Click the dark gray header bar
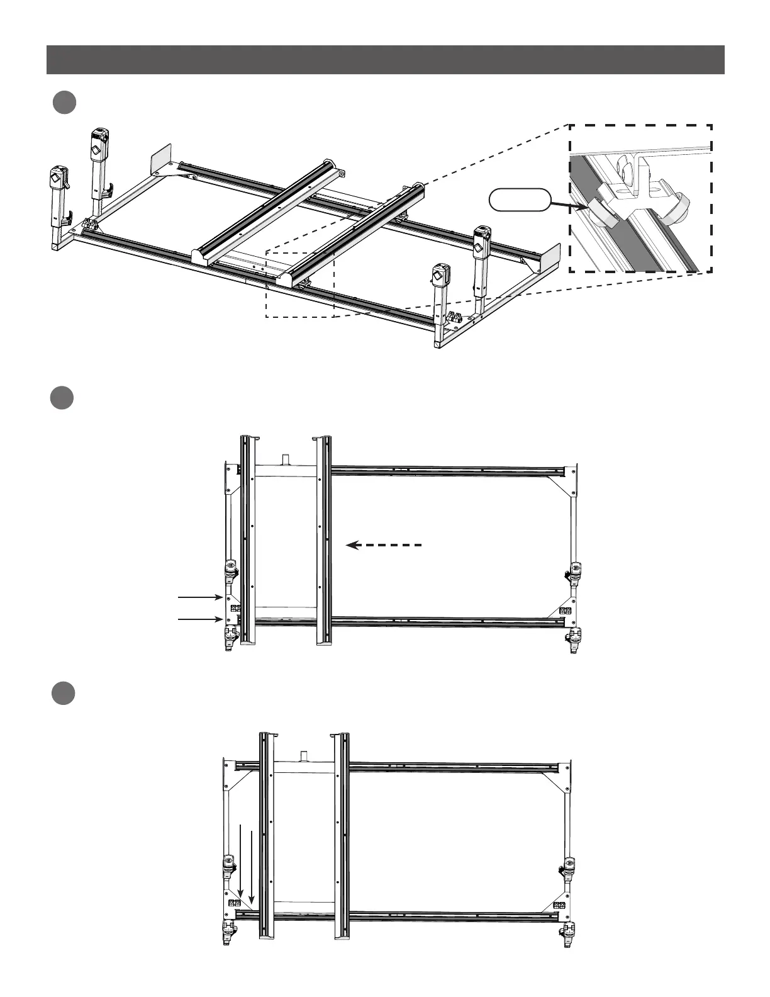[x=385, y=60]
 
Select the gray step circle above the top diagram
[x=64, y=103]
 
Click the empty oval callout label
[x=520, y=201]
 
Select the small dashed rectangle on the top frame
[x=299, y=284]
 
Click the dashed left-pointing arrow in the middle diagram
[x=384, y=545]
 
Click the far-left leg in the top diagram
[x=58, y=201]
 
